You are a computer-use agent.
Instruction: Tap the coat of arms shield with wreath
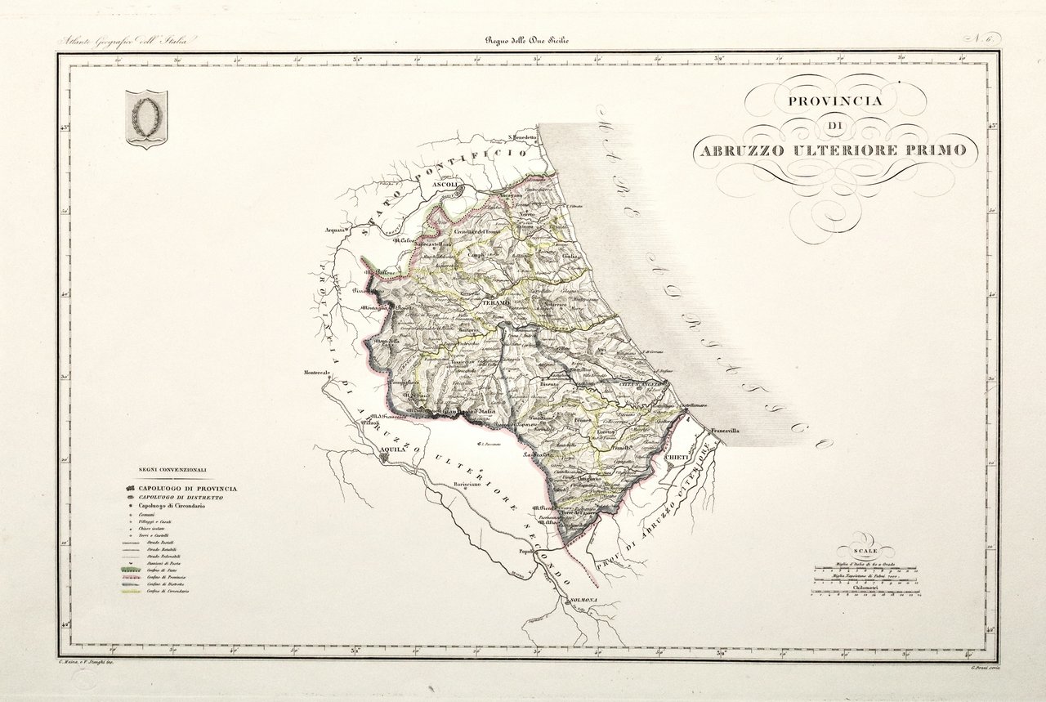[146, 118]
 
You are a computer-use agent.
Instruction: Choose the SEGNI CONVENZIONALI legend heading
[172, 470]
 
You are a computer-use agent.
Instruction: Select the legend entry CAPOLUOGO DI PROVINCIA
[188, 488]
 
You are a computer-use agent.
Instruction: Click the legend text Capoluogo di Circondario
[171, 506]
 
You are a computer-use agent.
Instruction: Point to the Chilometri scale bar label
[865, 587]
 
